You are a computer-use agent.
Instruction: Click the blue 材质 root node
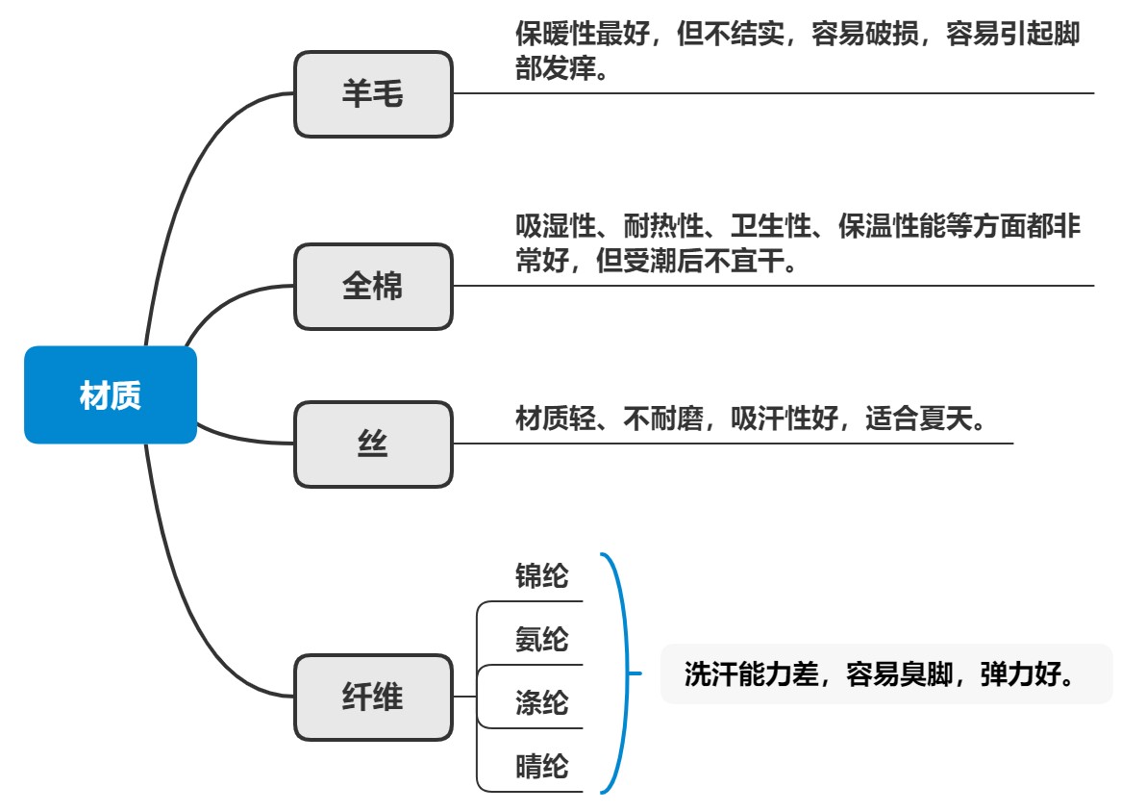click(111, 395)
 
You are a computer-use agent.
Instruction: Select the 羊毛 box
click(373, 94)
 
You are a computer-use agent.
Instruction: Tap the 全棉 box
click(373, 287)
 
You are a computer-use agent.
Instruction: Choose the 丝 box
click(373, 444)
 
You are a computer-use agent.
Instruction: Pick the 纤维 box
click(373, 698)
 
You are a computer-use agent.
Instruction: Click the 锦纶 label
click(542, 576)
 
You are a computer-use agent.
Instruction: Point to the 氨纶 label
click(542, 639)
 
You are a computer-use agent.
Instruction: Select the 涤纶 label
click(542, 703)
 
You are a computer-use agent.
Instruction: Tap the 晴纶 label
click(542, 767)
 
